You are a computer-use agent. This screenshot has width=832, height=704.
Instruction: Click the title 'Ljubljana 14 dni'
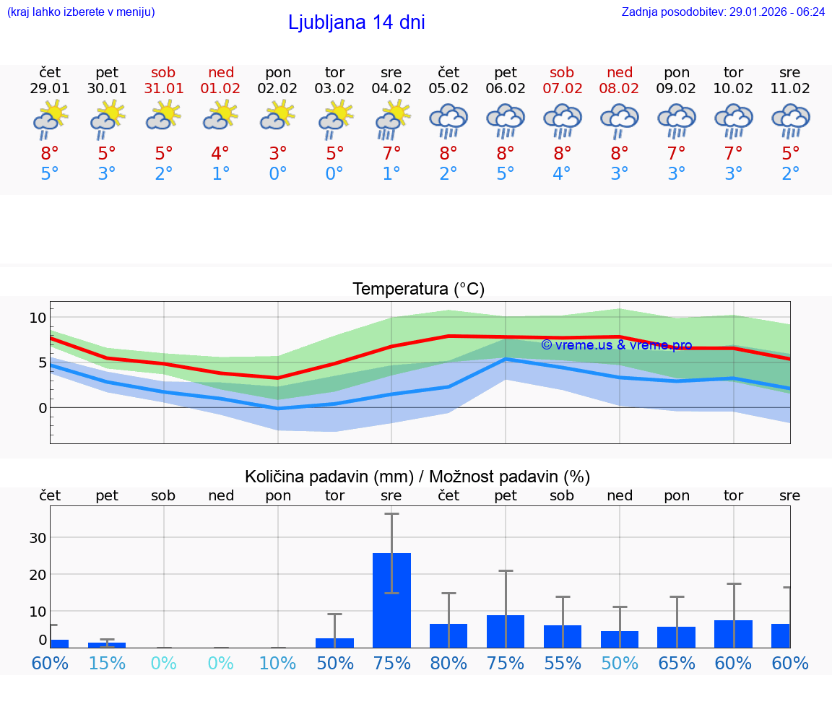pos(356,22)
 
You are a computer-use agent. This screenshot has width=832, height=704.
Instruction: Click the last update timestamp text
pos(723,12)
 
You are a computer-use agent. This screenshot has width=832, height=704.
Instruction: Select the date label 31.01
pos(164,89)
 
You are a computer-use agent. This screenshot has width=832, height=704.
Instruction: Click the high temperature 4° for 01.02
pos(220,153)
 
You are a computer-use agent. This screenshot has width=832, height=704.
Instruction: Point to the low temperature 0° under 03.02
pos(334,174)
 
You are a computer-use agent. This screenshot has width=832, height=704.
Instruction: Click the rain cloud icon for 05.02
pos(448,121)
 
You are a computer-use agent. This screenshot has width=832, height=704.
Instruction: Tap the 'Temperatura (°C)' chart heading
pos(418,290)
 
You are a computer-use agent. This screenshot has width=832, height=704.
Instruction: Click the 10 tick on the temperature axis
pos(38,318)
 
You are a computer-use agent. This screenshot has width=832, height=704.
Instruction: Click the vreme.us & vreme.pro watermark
pos(616,345)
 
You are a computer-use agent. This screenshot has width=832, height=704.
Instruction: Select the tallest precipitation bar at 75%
pos(391,599)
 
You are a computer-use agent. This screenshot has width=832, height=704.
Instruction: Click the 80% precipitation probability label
pos(448,664)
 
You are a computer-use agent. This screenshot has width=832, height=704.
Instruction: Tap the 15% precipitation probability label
pos(107,664)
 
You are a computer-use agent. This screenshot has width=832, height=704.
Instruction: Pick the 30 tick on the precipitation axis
pos(38,538)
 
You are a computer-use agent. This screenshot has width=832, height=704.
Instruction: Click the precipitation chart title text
pos(417,477)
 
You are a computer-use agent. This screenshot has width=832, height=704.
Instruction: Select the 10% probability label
pos(278,664)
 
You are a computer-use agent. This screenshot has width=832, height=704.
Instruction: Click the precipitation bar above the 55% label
pos(563,636)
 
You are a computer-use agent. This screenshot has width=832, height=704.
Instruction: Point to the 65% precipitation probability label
pos(677,664)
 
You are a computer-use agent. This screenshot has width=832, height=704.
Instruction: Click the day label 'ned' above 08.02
pos(620,72)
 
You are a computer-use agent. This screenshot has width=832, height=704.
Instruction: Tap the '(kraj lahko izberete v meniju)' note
pos(81,12)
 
